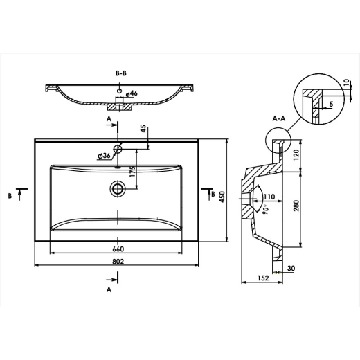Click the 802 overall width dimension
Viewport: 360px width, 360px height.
coord(118,262)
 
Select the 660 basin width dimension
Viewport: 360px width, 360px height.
coord(118,249)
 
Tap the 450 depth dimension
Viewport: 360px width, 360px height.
coord(222,197)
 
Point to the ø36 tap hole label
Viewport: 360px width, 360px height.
coord(104,156)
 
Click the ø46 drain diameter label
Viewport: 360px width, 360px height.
coord(132,93)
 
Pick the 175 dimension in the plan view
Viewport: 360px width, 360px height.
coord(133,172)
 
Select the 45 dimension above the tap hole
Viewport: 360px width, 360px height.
coord(143,129)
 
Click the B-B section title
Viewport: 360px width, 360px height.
coord(121,73)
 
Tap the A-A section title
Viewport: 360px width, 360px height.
coord(279,118)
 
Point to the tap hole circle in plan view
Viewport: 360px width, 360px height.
coord(118,149)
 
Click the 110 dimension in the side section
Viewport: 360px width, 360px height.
coord(269,197)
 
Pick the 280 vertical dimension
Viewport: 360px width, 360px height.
coord(296,206)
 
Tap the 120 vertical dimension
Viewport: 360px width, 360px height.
coord(296,155)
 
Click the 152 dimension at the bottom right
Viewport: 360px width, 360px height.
coord(263,278)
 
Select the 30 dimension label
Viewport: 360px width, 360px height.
coord(291,269)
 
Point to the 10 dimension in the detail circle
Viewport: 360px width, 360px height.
coord(346,82)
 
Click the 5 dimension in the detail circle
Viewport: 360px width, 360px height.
coord(332,104)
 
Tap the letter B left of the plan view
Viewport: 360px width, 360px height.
coord(10,196)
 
